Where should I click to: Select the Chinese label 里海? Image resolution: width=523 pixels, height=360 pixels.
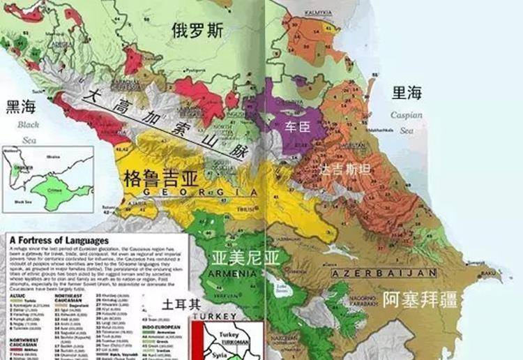(x=407, y=92)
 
